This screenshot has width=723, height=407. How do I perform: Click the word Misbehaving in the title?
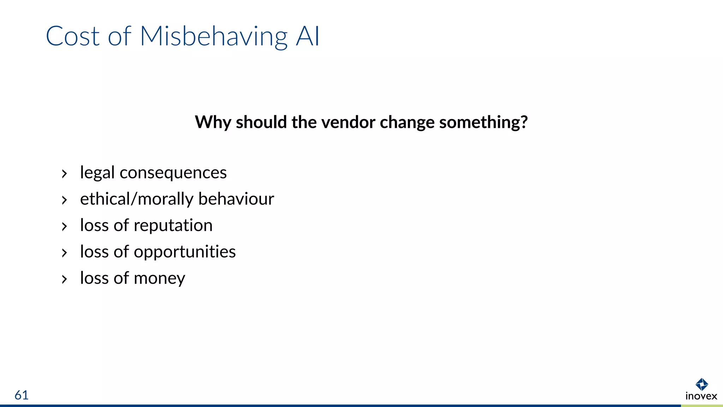click(214, 36)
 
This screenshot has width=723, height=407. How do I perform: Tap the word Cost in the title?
click(73, 36)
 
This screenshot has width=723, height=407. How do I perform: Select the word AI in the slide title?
click(307, 36)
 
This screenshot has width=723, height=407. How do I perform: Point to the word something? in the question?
click(483, 122)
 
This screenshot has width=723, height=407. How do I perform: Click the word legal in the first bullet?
click(97, 173)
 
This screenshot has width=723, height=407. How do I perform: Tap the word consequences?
click(173, 173)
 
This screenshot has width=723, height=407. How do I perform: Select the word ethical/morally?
click(137, 199)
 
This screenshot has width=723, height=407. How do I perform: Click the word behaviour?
click(236, 199)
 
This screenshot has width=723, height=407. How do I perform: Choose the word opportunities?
click(185, 252)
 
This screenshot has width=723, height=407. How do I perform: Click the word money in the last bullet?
click(159, 278)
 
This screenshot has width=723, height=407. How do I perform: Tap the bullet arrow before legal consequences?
click(64, 174)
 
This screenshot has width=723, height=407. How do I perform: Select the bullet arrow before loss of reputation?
click(64, 226)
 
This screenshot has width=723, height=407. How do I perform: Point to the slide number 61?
click(22, 395)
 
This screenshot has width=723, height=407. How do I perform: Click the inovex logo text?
click(701, 396)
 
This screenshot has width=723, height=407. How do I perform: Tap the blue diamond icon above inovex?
click(701, 384)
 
